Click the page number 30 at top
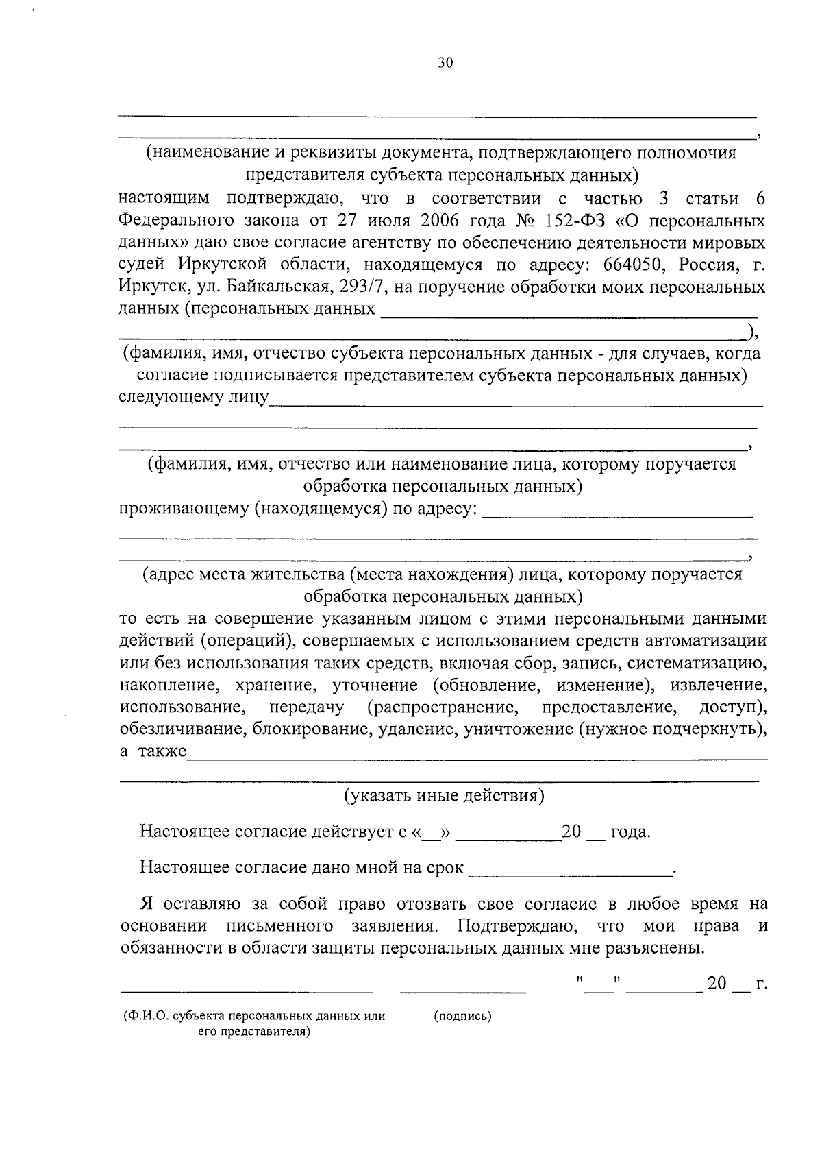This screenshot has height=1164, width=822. pos(445,63)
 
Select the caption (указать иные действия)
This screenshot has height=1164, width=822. pos(444,795)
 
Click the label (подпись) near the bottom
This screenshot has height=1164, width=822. pos(463,1016)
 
